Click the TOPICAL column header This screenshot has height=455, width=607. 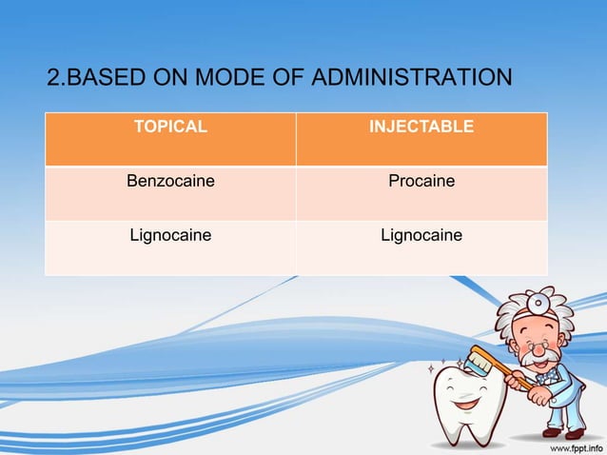(171, 127)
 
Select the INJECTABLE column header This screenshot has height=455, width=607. (421, 127)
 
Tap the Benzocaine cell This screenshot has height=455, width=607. (171, 180)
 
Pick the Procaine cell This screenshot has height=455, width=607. (421, 180)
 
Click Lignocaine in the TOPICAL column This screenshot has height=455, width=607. (171, 234)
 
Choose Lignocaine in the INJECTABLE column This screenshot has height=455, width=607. (421, 234)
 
